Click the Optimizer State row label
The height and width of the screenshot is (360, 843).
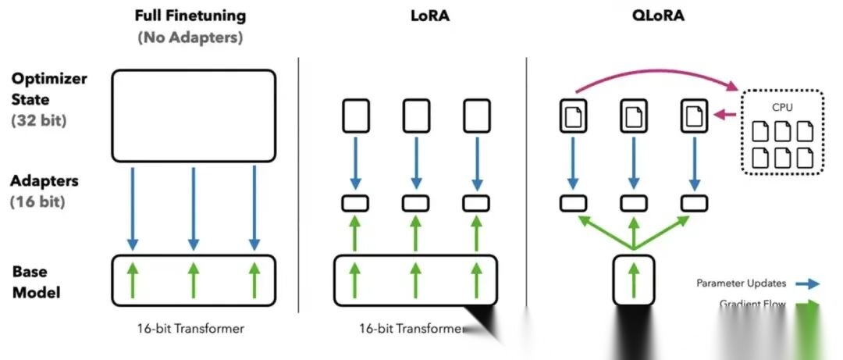[x=49, y=89]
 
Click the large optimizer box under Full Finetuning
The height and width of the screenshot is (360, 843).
[x=194, y=116]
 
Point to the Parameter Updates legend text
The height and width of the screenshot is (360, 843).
[x=742, y=283]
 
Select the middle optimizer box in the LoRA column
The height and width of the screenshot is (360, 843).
[x=415, y=116]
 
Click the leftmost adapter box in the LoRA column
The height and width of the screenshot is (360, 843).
[x=355, y=203]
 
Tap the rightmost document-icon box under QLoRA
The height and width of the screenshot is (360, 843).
[x=694, y=116]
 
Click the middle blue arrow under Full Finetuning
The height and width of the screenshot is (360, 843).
[x=193, y=207]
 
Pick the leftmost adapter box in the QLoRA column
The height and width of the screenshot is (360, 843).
[x=574, y=203]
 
